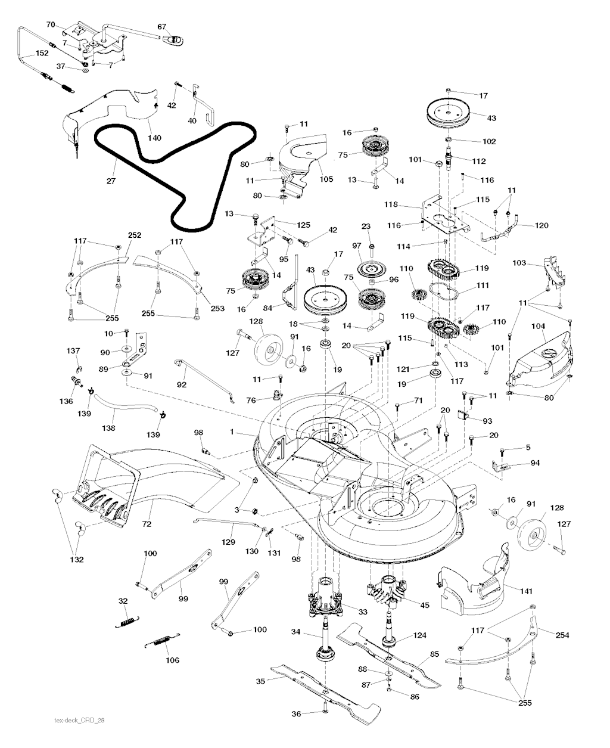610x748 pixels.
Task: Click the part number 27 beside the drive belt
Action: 111,181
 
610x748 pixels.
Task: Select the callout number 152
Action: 42,53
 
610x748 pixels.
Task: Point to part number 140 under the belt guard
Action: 154,138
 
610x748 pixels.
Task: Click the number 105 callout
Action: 326,179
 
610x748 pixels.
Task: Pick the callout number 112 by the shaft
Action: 479,162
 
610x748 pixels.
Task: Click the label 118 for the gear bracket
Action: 391,204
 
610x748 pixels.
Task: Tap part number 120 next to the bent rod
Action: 541,225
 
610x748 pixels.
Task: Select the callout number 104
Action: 538,326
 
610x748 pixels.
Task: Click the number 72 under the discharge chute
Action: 147,524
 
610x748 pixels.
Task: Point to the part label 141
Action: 527,591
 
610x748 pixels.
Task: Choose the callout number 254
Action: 562,635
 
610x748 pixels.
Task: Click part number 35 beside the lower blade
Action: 260,681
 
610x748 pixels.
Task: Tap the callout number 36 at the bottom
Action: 296,713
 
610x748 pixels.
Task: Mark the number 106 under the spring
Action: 172,660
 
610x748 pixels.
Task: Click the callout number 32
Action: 123,601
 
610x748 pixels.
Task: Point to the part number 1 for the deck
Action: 232,432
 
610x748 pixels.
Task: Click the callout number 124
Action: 419,635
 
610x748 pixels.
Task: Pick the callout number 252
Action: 135,235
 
